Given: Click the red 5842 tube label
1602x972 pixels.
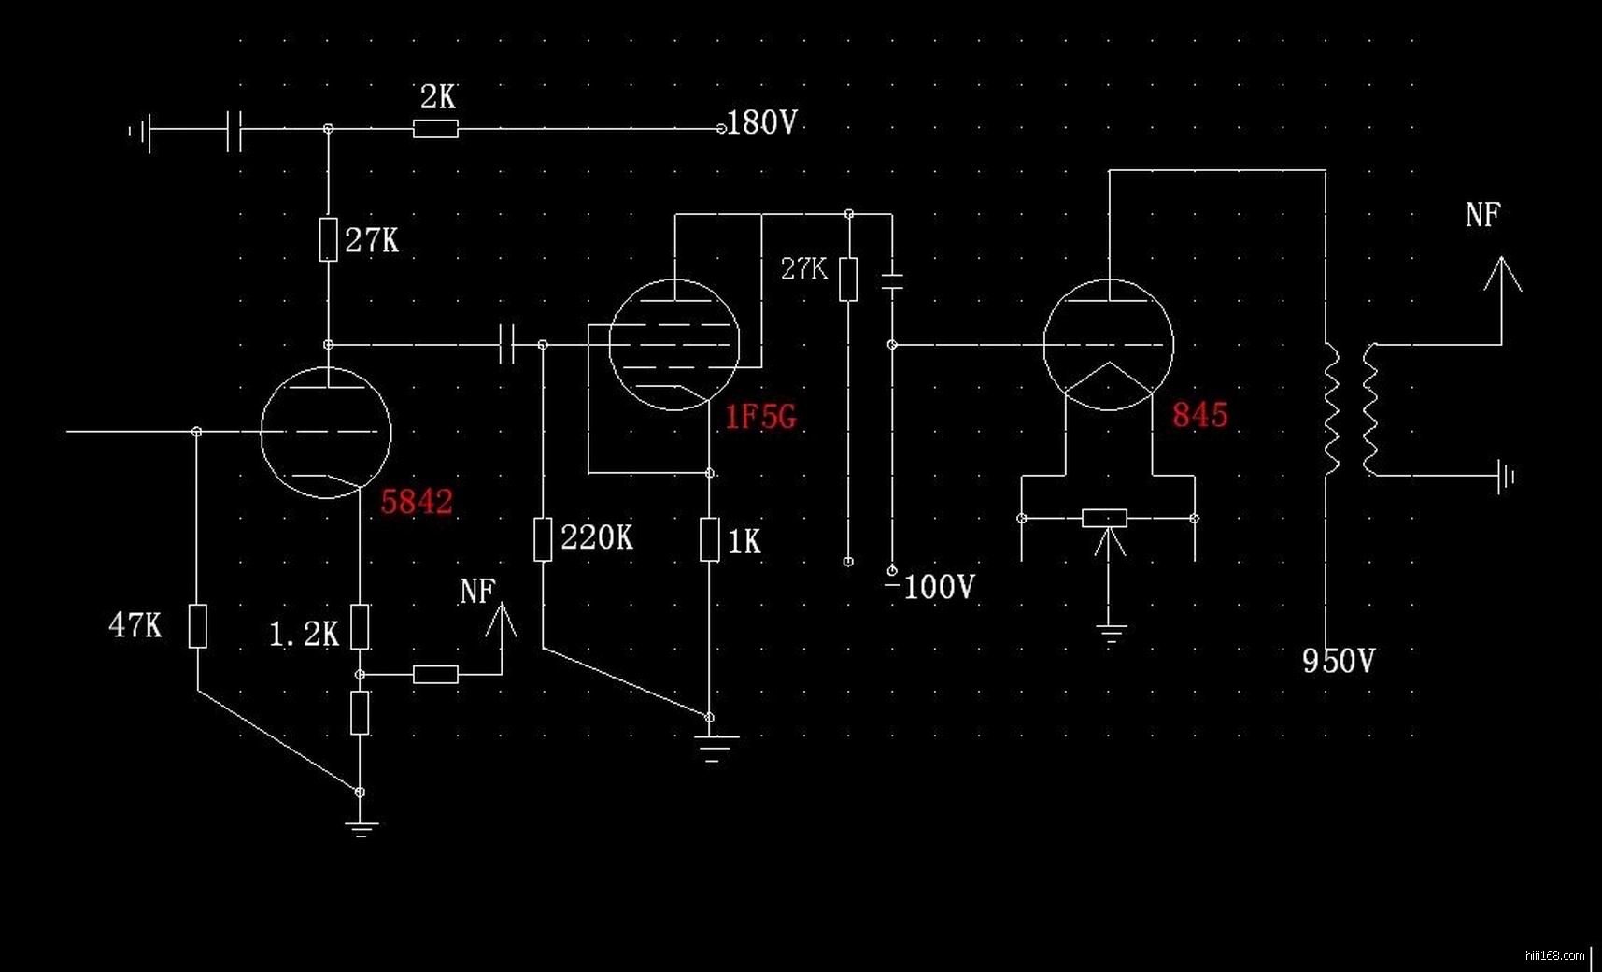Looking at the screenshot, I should [x=417, y=502].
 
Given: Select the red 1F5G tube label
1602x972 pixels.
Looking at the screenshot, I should [x=760, y=416].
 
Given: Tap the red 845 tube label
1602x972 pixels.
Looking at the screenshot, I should [x=1199, y=414].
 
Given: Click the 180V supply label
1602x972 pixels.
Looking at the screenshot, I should [x=762, y=122].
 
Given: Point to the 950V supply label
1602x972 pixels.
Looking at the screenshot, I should [x=1338, y=661].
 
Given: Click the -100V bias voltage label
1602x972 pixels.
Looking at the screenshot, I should [x=931, y=587].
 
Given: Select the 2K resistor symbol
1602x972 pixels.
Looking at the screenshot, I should [x=435, y=129].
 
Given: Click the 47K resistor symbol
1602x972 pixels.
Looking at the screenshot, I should [x=197, y=625].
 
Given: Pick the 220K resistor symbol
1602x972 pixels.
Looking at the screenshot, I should [x=543, y=539].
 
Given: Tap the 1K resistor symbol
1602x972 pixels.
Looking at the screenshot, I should [x=710, y=539].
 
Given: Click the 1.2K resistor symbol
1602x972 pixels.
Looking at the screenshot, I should [x=360, y=626].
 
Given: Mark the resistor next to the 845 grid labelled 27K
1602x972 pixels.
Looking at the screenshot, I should [x=848, y=279].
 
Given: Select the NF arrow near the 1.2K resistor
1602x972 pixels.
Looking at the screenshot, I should [x=502, y=622].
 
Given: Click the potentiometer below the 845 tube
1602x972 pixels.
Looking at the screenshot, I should [x=1105, y=518].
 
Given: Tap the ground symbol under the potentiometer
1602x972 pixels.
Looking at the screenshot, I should [x=1111, y=636].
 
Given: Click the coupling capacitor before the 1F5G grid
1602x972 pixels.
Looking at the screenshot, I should [x=507, y=345].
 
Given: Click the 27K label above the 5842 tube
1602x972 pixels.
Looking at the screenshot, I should [x=371, y=241].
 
